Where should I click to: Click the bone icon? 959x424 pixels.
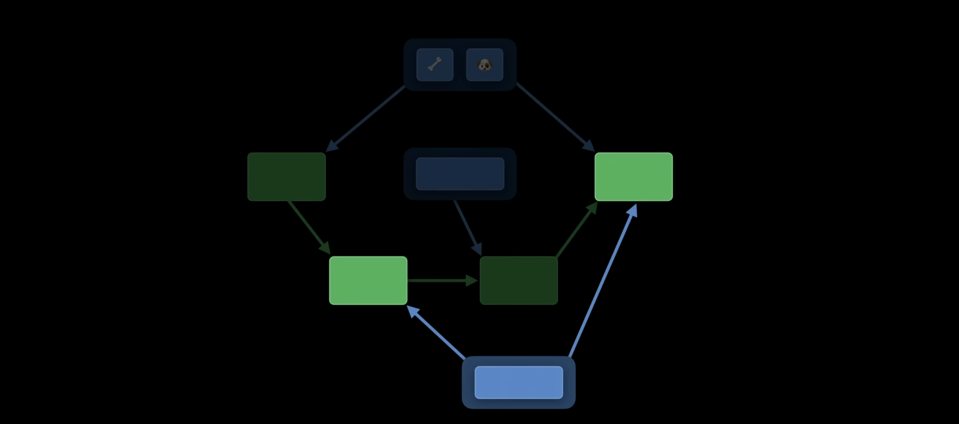pos(434,64)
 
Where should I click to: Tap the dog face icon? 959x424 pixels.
pos(484,64)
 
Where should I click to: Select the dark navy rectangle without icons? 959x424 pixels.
pos(460,174)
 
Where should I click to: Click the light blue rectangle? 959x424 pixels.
pos(518,382)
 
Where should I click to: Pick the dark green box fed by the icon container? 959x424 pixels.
pos(287,177)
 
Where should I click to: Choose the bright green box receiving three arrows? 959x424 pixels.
pos(633,177)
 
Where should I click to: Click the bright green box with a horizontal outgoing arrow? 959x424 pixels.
pos(368,280)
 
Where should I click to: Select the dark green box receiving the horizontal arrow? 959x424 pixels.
pos(519,280)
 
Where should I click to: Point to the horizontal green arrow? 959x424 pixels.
pos(438,280)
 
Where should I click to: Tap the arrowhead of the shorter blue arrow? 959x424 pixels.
pos(413,311)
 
